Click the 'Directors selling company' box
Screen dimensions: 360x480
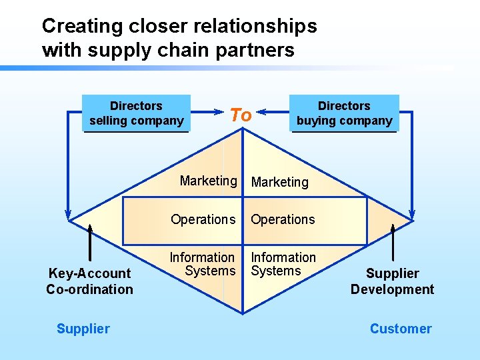click(x=136, y=113)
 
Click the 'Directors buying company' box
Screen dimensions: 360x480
click(x=344, y=113)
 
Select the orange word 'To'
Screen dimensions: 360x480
click(x=241, y=115)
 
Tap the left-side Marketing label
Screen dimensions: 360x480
click(x=208, y=181)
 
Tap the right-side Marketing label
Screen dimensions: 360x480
click(x=280, y=182)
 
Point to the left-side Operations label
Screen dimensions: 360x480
click(x=203, y=219)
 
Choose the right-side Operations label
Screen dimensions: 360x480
click(x=283, y=219)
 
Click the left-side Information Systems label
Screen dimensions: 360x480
click(x=203, y=264)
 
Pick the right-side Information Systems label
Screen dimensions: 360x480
click(x=283, y=264)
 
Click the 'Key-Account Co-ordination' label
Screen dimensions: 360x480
click(x=89, y=281)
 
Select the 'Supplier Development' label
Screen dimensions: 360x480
click(x=392, y=281)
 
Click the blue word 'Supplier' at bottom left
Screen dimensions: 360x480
click(x=83, y=329)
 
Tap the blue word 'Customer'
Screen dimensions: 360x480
click(x=401, y=329)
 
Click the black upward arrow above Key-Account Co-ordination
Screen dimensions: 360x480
click(x=89, y=240)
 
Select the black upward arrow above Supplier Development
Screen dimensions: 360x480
click(x=393, y=240)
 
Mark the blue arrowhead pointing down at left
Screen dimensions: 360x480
click(x=67, y=213)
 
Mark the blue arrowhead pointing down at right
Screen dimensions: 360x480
click(x=412, y=213)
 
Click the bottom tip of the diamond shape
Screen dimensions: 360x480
click(x=243, y=312)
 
